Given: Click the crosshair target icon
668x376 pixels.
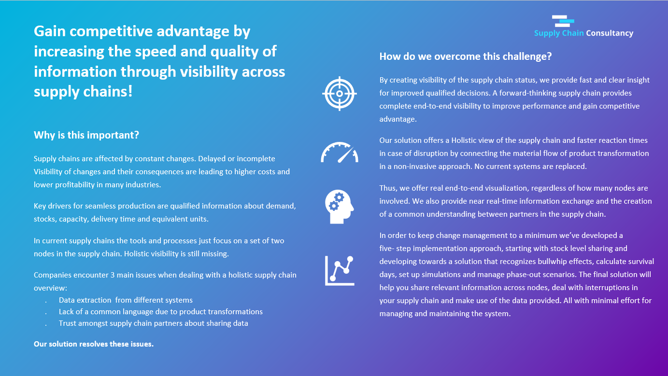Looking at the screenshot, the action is click(340, 94).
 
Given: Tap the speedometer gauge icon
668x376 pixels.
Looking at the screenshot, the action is click(340, 152).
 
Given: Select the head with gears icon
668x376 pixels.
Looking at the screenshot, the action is click(339, 207).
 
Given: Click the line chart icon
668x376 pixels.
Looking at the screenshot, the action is click(340, 270).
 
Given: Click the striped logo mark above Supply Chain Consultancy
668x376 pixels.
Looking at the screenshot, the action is click(563, 21).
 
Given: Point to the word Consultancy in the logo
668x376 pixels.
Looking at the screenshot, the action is click(610, 33).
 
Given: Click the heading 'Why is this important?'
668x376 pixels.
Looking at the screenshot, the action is click(86, 135).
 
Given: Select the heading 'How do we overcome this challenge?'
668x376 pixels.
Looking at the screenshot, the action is click(466, 56).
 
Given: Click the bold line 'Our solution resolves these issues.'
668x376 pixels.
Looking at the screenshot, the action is click(94, 344).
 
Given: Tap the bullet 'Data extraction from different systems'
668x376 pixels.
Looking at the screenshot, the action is click(126, 300).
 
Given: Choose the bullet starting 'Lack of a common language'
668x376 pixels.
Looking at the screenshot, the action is click(160, 312).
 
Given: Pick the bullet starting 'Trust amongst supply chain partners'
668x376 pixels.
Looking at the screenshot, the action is click(153, 323).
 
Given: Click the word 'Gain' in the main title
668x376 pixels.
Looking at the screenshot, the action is click(49, 31).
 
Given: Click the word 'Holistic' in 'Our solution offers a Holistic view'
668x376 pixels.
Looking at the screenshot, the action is click(465, 140).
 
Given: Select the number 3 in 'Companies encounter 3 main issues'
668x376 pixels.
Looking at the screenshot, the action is click(113, 275).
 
